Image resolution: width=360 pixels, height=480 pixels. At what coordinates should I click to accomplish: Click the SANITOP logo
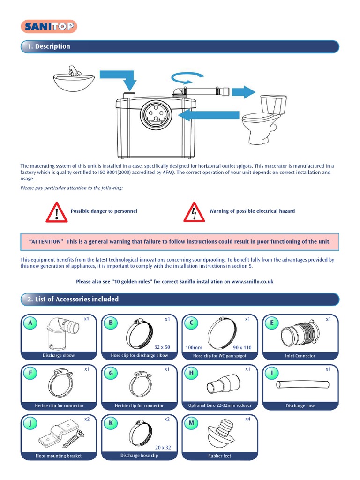coord(49,27)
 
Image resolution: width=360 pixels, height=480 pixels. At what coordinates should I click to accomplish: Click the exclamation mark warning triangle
coord(56,212)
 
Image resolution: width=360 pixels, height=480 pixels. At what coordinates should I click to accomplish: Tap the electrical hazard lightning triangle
coord(194,212)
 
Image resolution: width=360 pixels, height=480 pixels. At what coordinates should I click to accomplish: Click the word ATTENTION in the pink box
coord(46,242)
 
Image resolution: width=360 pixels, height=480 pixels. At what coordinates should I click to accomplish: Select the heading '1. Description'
coord(49,46)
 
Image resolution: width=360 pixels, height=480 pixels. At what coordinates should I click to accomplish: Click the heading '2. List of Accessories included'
coord(73,299)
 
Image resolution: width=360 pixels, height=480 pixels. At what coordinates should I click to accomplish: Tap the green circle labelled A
coord(30,322)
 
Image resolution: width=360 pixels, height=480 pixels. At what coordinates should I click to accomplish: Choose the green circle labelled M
coord(191,424)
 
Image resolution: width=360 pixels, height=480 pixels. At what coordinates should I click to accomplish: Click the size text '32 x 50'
coord(162,347)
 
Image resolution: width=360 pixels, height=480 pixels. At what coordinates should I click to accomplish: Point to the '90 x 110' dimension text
coord(242,348)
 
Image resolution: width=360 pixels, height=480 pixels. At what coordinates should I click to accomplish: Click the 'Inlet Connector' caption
coord(300,356)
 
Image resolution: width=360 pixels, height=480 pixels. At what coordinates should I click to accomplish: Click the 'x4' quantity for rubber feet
coord(247,419)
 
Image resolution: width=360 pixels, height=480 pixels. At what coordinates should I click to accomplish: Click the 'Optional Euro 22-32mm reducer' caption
coord(220,405)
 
